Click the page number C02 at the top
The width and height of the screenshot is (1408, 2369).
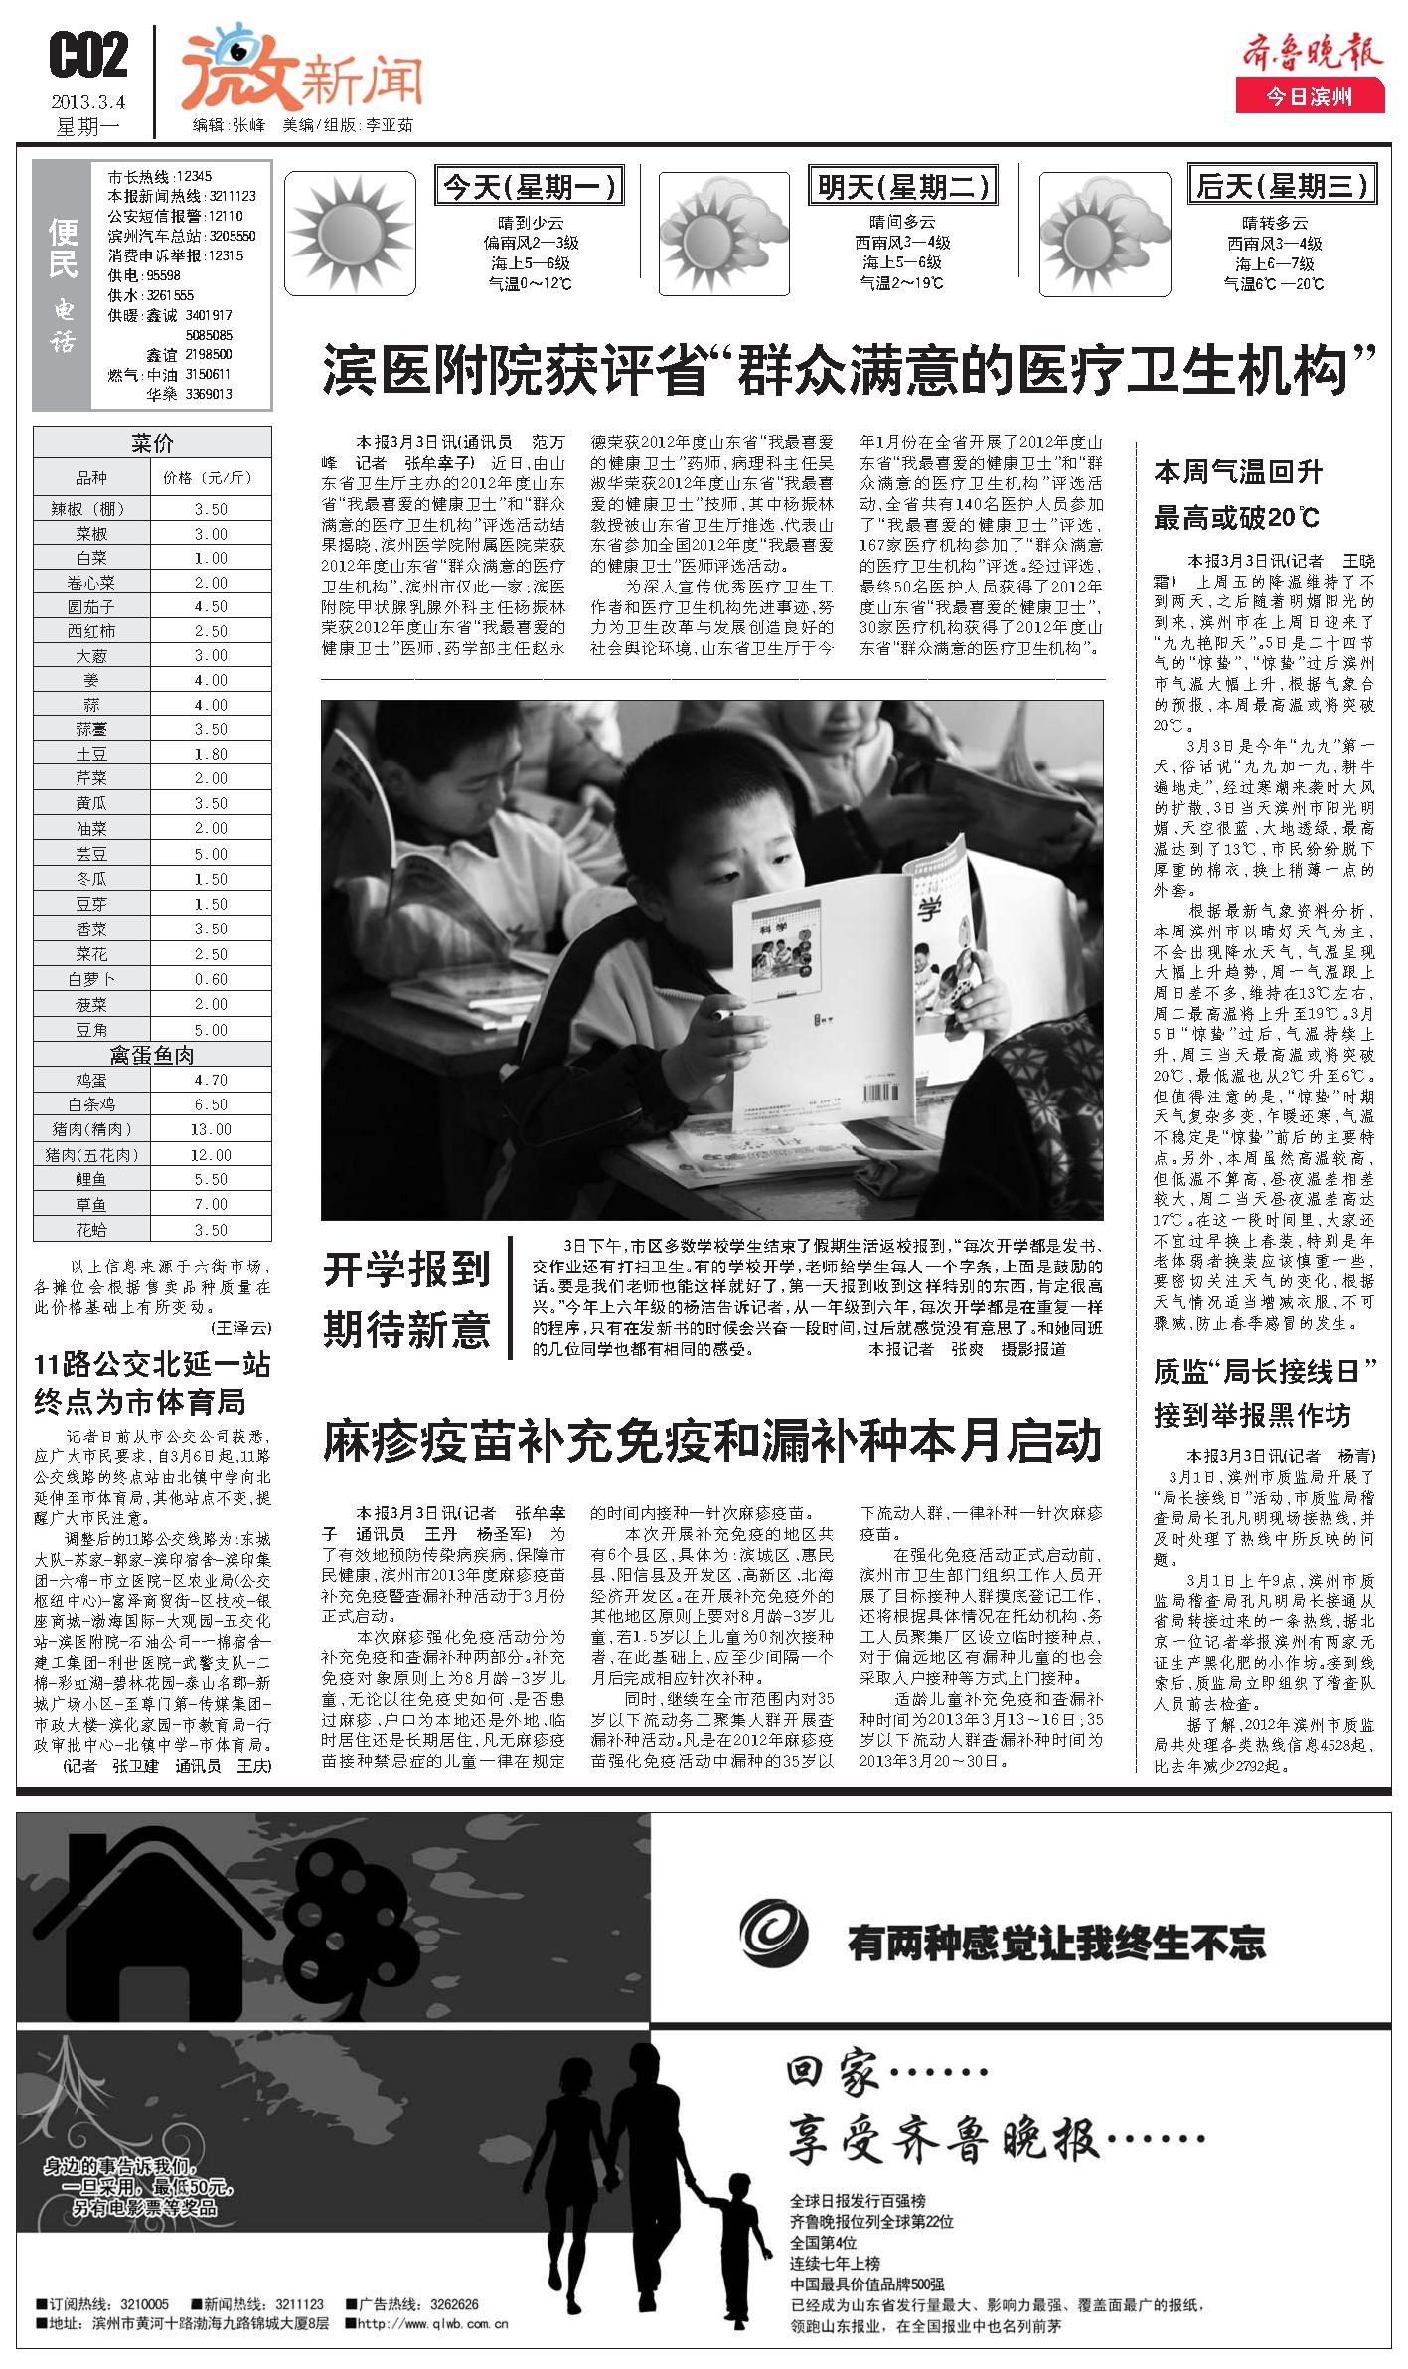(x=88, y=56)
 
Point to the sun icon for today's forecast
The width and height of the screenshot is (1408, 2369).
(x=350, y=236)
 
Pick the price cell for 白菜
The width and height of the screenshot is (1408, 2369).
(x=211, y=558)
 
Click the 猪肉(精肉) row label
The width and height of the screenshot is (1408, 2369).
(x=90, y=1129)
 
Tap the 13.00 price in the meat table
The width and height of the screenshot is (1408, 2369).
(x=211, y=1129)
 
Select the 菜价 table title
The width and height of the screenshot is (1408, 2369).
(x=153, y=441)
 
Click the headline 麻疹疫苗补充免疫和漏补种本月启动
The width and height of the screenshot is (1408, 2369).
(x=711, y=1441)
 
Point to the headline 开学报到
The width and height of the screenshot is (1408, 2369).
(x=406, y=1270)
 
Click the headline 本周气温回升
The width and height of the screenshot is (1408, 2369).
(x=1238, y=472)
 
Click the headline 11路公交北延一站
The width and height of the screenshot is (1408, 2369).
(x=152, y=1364)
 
